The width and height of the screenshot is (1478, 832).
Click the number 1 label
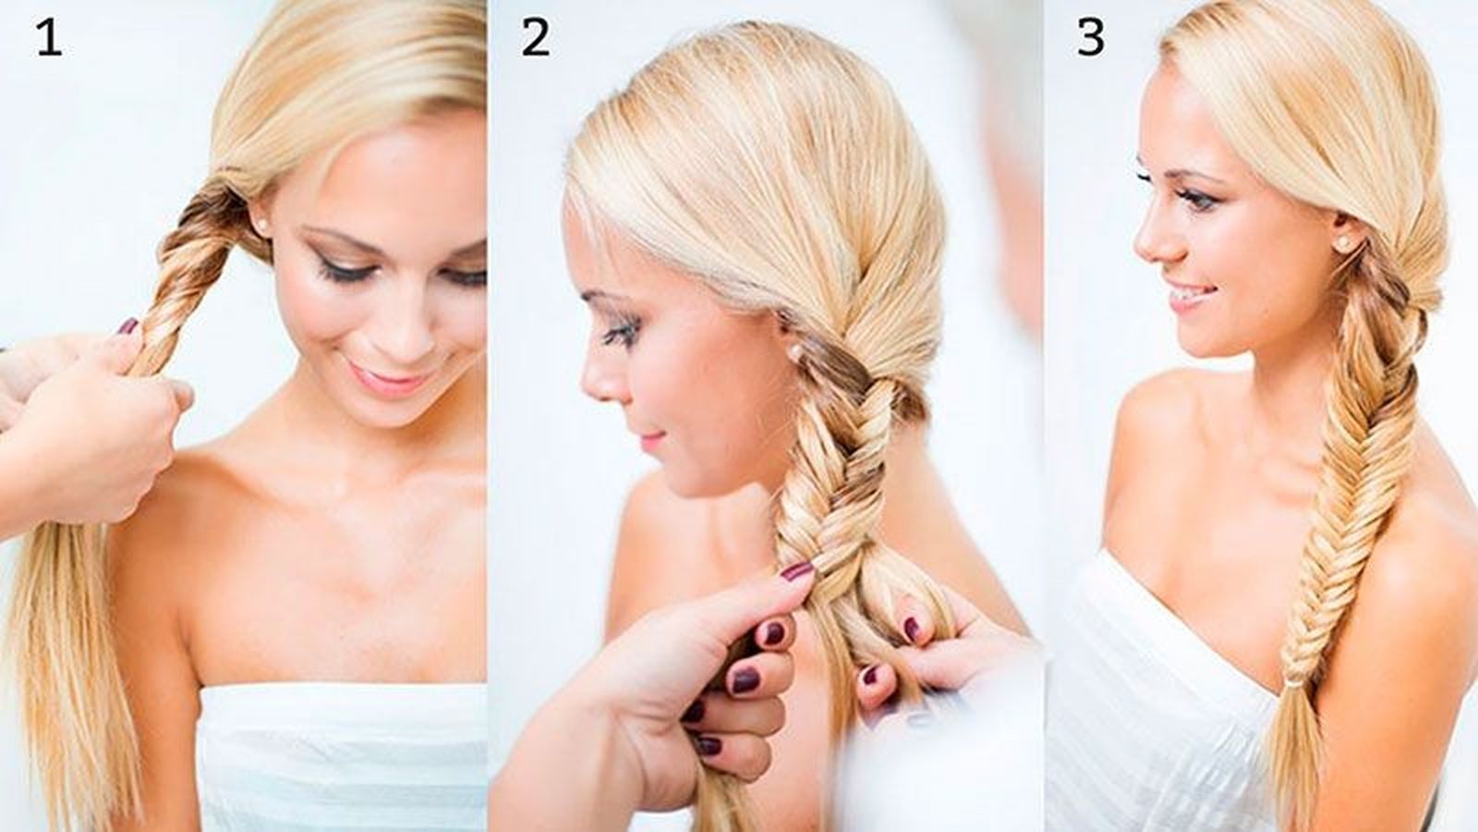point(49,38)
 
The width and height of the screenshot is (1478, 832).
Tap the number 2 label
point(535,38)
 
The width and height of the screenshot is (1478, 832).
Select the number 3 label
point(1091,38)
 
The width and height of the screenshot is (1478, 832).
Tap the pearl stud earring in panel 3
point(1342,244)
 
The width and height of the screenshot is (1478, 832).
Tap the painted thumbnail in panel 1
point(128,326)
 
